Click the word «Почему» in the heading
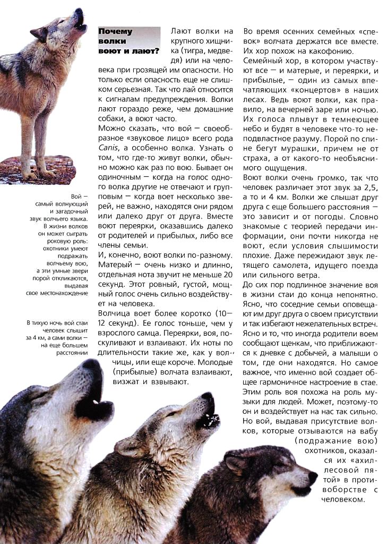pos(115,31)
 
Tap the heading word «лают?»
pos(143,52)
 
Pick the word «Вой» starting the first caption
pos(78,196)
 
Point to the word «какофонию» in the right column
pos(330,52)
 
